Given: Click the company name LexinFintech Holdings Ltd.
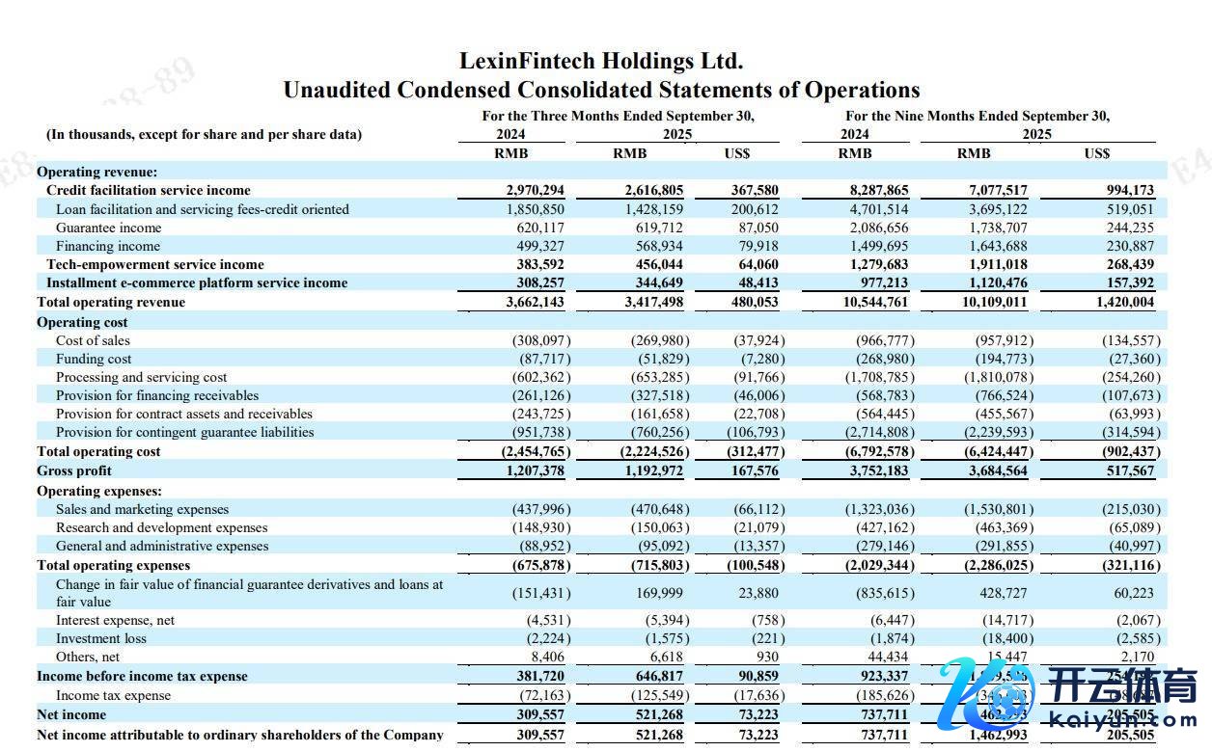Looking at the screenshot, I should pyautogui.click(x=601, y=62).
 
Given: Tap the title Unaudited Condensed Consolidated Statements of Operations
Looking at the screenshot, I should pyautogui.click(x=601, y=91).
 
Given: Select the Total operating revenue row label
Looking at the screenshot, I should pyautogui.click(x=111, y=303).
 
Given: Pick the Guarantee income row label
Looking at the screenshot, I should pyautogui.click(x=109, y=228).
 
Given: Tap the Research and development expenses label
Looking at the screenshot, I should pyautogui.click(x=162, y=528).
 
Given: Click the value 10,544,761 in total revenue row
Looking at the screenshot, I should pyautogui.click(x=875, y=303).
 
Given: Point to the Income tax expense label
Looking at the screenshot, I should pyautogui.click(x=114, y=696).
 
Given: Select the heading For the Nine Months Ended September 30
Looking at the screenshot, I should pyautogui.click(x=978, y=117).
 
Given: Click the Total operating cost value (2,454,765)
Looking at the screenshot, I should pyautogui.click(x=536, y=452).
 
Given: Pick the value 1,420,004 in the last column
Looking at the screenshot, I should pyautogui.click(x=1126, y=303).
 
